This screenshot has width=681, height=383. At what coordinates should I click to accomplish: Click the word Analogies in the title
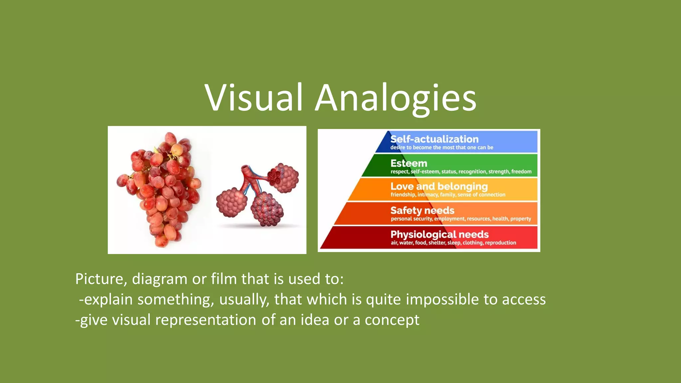(x=395, y=98)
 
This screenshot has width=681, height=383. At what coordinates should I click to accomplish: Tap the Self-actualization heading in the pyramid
(x=434, y=139)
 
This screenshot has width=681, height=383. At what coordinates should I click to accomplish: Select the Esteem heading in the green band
(x=409, y=163)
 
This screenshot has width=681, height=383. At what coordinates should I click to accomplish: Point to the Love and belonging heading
(x=439, y=186)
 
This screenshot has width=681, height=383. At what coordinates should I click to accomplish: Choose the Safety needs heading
(x=422, y=210)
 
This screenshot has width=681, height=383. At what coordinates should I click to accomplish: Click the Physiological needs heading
(x=439, y=234)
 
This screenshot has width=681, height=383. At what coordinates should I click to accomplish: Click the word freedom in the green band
(x=521, y=172)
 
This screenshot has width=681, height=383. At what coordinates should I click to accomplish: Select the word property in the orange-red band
(x=520, y=219)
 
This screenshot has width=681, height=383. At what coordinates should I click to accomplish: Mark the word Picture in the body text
(x=99, y=279)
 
